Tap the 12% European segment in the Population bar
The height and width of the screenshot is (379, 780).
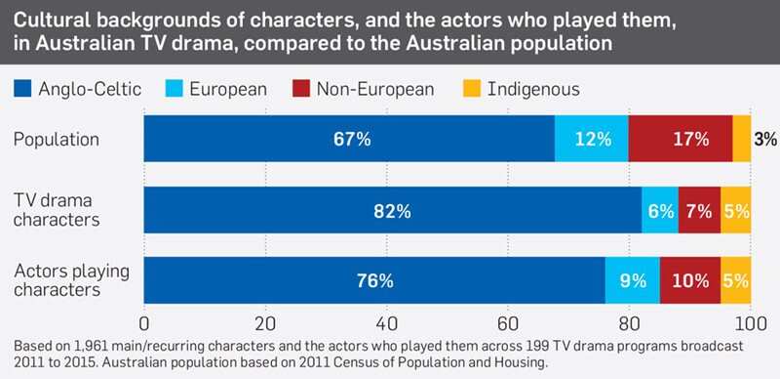pos(592,139)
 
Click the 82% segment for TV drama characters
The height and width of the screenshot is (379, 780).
pos(392,210)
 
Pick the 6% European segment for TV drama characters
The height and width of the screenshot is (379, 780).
pos(659,210)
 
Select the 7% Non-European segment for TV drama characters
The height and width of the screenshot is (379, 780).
pos(699,210)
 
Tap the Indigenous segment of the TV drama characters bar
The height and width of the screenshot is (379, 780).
pos(736,210)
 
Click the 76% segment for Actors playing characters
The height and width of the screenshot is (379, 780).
pos(374,280)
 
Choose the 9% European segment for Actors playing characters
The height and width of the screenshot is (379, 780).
pos(633,280)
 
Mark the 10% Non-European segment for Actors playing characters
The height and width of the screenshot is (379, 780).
pos(690,280)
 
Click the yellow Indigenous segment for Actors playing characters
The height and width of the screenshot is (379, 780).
pos(736,280)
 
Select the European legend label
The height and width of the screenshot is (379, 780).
pos(227,89)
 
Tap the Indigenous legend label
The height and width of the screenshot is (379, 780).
pos(533,89)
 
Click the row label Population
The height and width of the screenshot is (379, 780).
pos(56,140)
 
